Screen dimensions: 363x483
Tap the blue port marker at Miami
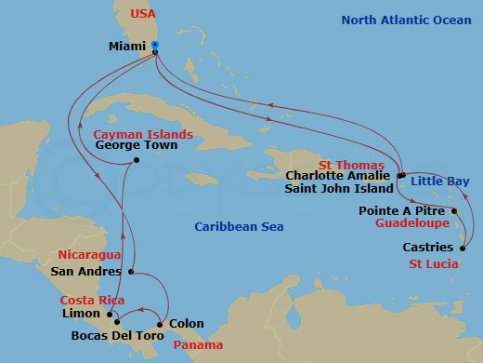(155, 45)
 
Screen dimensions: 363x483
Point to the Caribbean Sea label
(239, 227)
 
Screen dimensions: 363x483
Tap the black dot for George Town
(137, 160)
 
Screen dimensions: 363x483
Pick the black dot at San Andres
(132, 272)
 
